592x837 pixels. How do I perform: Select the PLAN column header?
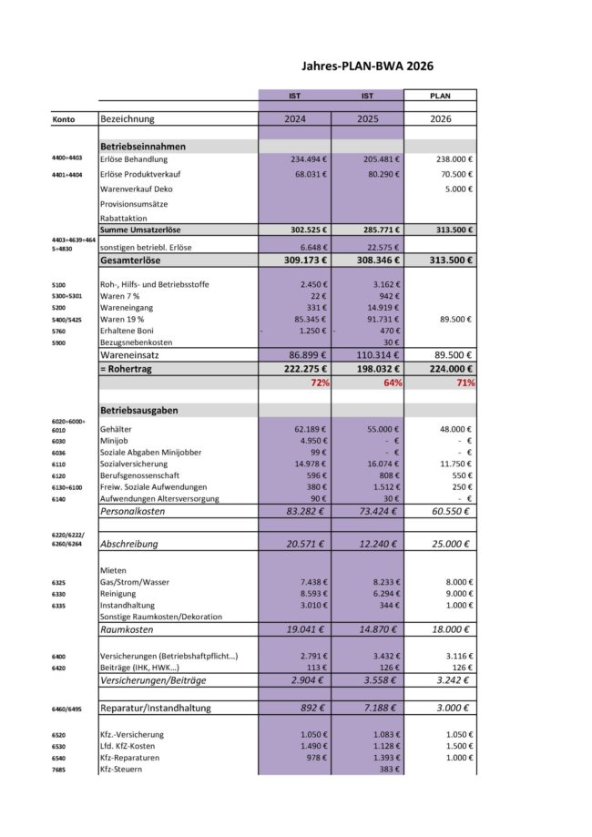(x=440, y=95)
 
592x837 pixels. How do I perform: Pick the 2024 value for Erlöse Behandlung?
(x=304, y=158)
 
